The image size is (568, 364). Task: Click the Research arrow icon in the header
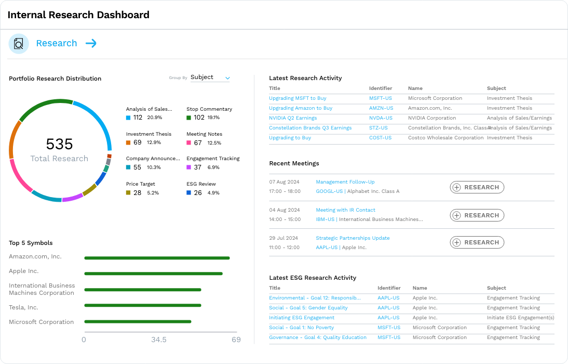(91, 44)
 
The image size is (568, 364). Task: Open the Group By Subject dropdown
(210, 77)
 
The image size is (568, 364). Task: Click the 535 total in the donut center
(59, 144)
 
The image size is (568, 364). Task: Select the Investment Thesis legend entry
(148, 134)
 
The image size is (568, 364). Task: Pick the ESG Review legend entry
(201, 184)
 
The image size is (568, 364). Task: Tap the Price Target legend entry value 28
(137, 193)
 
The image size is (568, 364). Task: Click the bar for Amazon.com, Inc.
(157, 258)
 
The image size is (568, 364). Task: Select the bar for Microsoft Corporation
(138, 321)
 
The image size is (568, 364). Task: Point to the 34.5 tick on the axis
(159, 340)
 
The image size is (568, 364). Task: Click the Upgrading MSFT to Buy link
(297, 98)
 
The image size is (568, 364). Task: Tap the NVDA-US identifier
(381, 118)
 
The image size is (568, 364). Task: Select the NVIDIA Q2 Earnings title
(293, 118)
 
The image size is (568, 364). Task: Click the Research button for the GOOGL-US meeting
(477, 187)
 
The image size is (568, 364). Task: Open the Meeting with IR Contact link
(345, 210)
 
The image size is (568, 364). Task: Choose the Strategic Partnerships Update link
(353, 238)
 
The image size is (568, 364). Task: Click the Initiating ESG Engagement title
(302, 318)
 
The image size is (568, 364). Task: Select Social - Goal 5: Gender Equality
(308, 308)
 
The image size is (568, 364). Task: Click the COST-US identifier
(380, 138)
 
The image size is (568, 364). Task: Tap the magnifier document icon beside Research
(19, 44)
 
